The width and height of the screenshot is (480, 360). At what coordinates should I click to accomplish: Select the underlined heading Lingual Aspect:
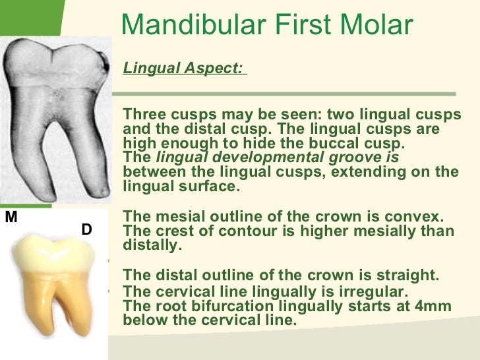[x=183, y=69]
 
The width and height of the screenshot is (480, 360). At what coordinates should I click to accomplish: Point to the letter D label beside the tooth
[x=86, y=229]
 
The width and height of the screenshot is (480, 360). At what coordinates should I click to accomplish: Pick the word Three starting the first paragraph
[x=142, y=114]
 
